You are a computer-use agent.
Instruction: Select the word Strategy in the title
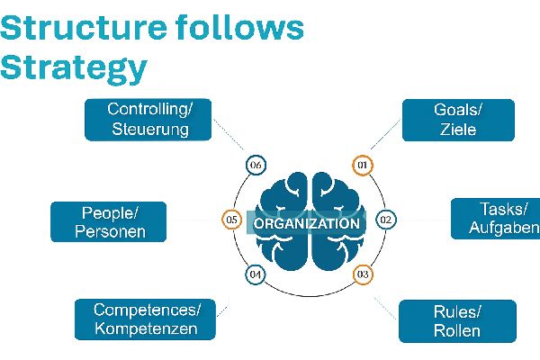73,67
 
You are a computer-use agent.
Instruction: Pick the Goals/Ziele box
458,120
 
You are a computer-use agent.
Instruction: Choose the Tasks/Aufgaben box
496,219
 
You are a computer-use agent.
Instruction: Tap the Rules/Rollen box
457,321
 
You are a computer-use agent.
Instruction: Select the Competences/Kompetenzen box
148,319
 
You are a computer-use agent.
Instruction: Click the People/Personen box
110,221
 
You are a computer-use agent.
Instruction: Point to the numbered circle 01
362,165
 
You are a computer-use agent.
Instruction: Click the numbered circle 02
385,220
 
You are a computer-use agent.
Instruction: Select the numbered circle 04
255,274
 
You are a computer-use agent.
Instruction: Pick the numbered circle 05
231,220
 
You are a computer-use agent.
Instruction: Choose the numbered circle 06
256,165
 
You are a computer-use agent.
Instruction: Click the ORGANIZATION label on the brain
306,222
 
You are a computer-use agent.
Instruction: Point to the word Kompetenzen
148,329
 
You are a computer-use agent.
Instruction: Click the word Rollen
457,331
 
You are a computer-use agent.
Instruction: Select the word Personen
110,231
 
